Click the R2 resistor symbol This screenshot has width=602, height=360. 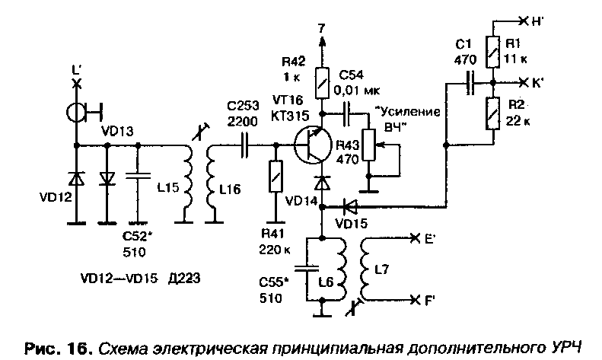492,114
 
